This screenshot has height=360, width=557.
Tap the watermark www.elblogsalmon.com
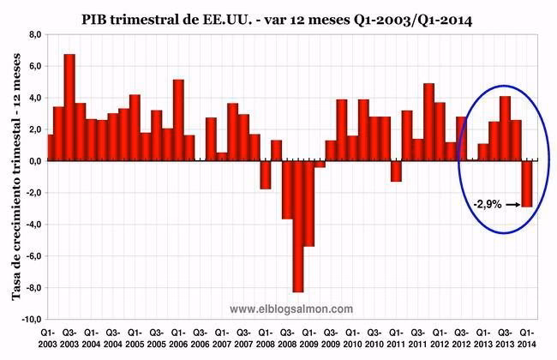point(291,309)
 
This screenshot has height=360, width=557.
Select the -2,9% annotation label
point(486,205)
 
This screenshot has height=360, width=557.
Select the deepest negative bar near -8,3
point(297,226)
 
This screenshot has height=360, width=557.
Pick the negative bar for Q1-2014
point(527,183)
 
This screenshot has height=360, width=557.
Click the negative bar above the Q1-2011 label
point(396,171)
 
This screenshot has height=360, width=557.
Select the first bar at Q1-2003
point(51,147)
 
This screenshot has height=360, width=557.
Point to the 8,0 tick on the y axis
point(34,34)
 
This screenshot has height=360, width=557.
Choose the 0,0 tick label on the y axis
point(34,161)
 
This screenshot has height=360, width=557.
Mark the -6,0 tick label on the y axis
point(33,255)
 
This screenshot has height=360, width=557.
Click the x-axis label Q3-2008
point(286,336)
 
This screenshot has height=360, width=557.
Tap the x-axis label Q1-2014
point(528,336)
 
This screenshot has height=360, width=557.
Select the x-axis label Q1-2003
point(48,336)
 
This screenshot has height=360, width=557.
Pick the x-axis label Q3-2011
point(417,336)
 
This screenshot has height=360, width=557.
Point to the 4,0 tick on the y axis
point(34,98)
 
